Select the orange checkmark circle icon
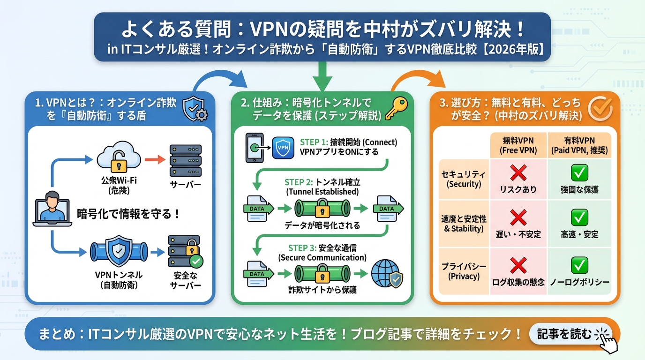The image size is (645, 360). [x=600, y=109]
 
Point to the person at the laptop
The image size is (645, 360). [x=52, y=209]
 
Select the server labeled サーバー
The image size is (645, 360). [x=185, y=160]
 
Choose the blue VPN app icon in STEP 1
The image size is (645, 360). [x=284, y=147]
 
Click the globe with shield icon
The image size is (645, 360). [x=386, y=274]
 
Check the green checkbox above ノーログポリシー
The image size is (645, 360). [x=579, y=265]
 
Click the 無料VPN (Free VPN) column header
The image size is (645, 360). [x=518, y=145]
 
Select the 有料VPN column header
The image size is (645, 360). [x=579, y=145]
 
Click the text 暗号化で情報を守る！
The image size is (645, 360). [x=128, y=214]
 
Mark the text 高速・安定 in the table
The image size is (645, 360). [x=579, y=234]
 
